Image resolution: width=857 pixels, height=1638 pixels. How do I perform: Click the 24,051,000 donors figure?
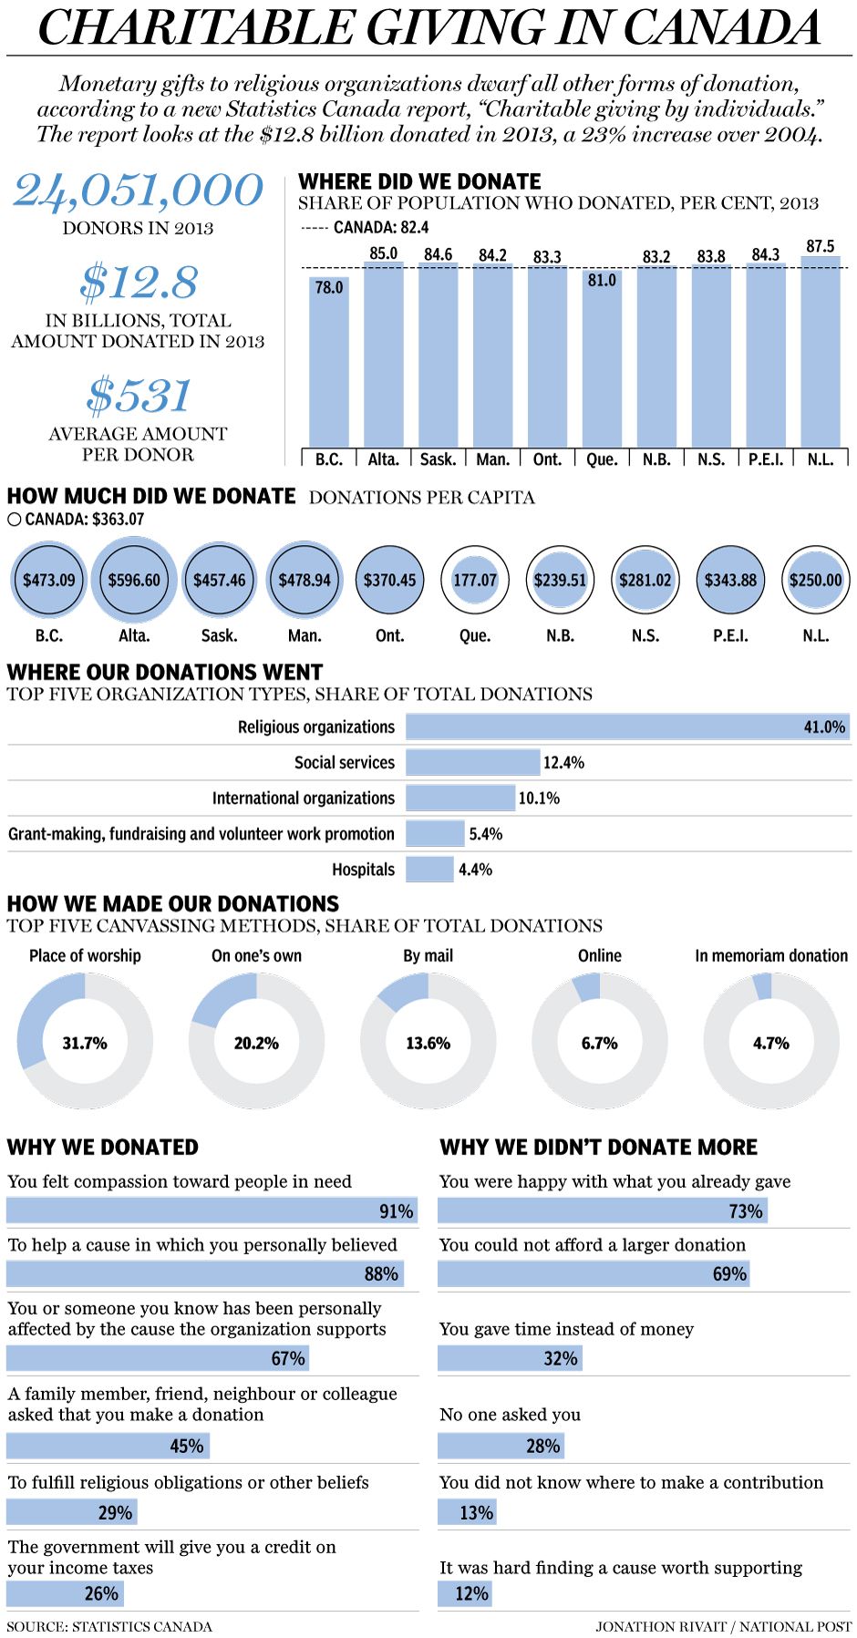click(x=138, y=191)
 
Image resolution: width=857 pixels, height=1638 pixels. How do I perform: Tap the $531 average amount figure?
click(x=139, y=396)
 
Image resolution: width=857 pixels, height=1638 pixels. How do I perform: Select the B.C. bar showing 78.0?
click(x=328, y=365)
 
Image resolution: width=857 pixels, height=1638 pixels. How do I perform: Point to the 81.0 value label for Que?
click(x=602, y=281)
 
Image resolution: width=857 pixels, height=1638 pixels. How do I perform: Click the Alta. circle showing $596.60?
click(x=134, y=580)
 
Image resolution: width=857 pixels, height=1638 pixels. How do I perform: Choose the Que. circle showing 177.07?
click(x=475, y=580)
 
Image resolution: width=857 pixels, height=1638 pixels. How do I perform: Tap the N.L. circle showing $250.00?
click(x=816, y=580)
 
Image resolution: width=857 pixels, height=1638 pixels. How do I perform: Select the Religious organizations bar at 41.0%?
click(x=627, y=726)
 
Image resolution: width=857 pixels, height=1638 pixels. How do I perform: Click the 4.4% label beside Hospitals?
click(x=475, y=870)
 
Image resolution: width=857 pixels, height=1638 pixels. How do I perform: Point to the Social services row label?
click(x=345, y=762)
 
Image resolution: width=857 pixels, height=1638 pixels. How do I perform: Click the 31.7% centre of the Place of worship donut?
click(x=85, y=1043)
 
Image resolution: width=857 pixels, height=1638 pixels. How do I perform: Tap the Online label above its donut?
click(x=600, y=955)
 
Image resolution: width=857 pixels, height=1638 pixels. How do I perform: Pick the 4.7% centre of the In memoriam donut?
click(x=771, y=1043)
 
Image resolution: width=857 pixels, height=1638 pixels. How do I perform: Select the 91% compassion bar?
click(x=212, y=1210)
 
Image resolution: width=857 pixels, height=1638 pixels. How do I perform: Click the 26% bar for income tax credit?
click(x=65, y=1593)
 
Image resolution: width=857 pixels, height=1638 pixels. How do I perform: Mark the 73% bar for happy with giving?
click(x=603, y=1210)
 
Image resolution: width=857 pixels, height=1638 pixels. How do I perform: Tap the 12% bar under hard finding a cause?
click(x=465, y=1593)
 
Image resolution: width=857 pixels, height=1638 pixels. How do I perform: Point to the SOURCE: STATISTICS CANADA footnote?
click(x=109, y=1626)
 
